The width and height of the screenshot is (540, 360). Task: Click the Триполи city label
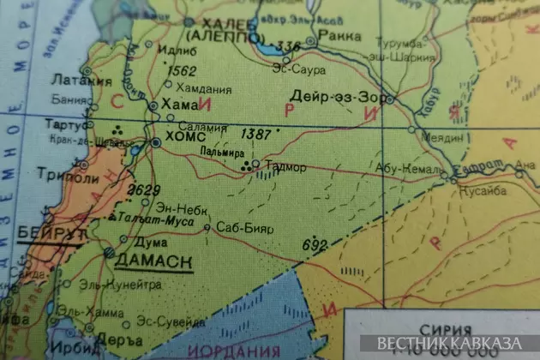[62, 177]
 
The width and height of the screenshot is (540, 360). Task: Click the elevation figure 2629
[144, 190]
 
